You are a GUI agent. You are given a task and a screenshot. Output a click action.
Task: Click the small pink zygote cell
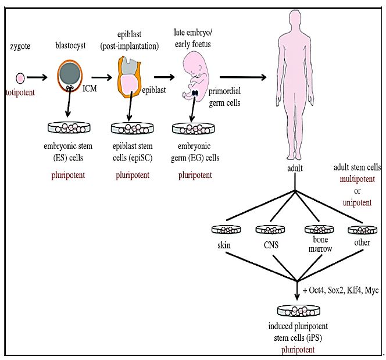[x=20, y=77]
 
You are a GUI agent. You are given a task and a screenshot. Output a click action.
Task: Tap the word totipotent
[x=20, y=92]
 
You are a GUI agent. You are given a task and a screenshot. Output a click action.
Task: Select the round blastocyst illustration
[x=70, y=77]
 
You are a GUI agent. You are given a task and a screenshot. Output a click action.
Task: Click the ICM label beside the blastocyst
[x=90, y=89]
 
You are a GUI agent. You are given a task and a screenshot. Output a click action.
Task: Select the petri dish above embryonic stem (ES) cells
[x=70, y=126]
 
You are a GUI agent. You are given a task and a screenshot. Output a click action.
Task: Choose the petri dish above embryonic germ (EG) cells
[x=192, y=126]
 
